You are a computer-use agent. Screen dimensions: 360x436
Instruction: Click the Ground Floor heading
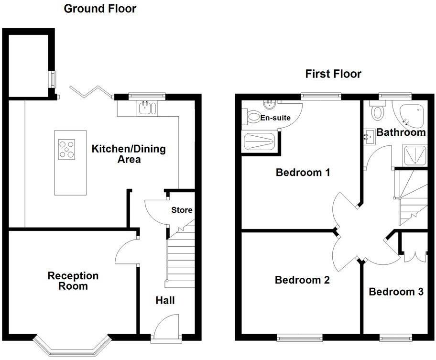click(99, 9)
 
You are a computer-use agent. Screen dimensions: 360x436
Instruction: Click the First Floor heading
click(333, 74)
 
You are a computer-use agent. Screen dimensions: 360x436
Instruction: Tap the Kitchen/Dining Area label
click(129, 154)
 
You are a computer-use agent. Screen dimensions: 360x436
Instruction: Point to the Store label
click(182, 210)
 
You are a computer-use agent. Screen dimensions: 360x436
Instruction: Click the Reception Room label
click(73, 281)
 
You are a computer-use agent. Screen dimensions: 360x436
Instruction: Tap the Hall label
click(165, 301)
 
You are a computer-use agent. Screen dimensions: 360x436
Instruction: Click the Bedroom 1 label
click(303, 173)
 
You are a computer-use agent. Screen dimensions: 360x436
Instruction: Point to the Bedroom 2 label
click(302, 280)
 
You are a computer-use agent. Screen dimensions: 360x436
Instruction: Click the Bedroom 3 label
click(396, 292)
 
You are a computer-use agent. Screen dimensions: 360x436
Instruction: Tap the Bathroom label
click(401, 132)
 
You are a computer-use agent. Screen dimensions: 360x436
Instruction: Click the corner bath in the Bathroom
click(411, 114)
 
